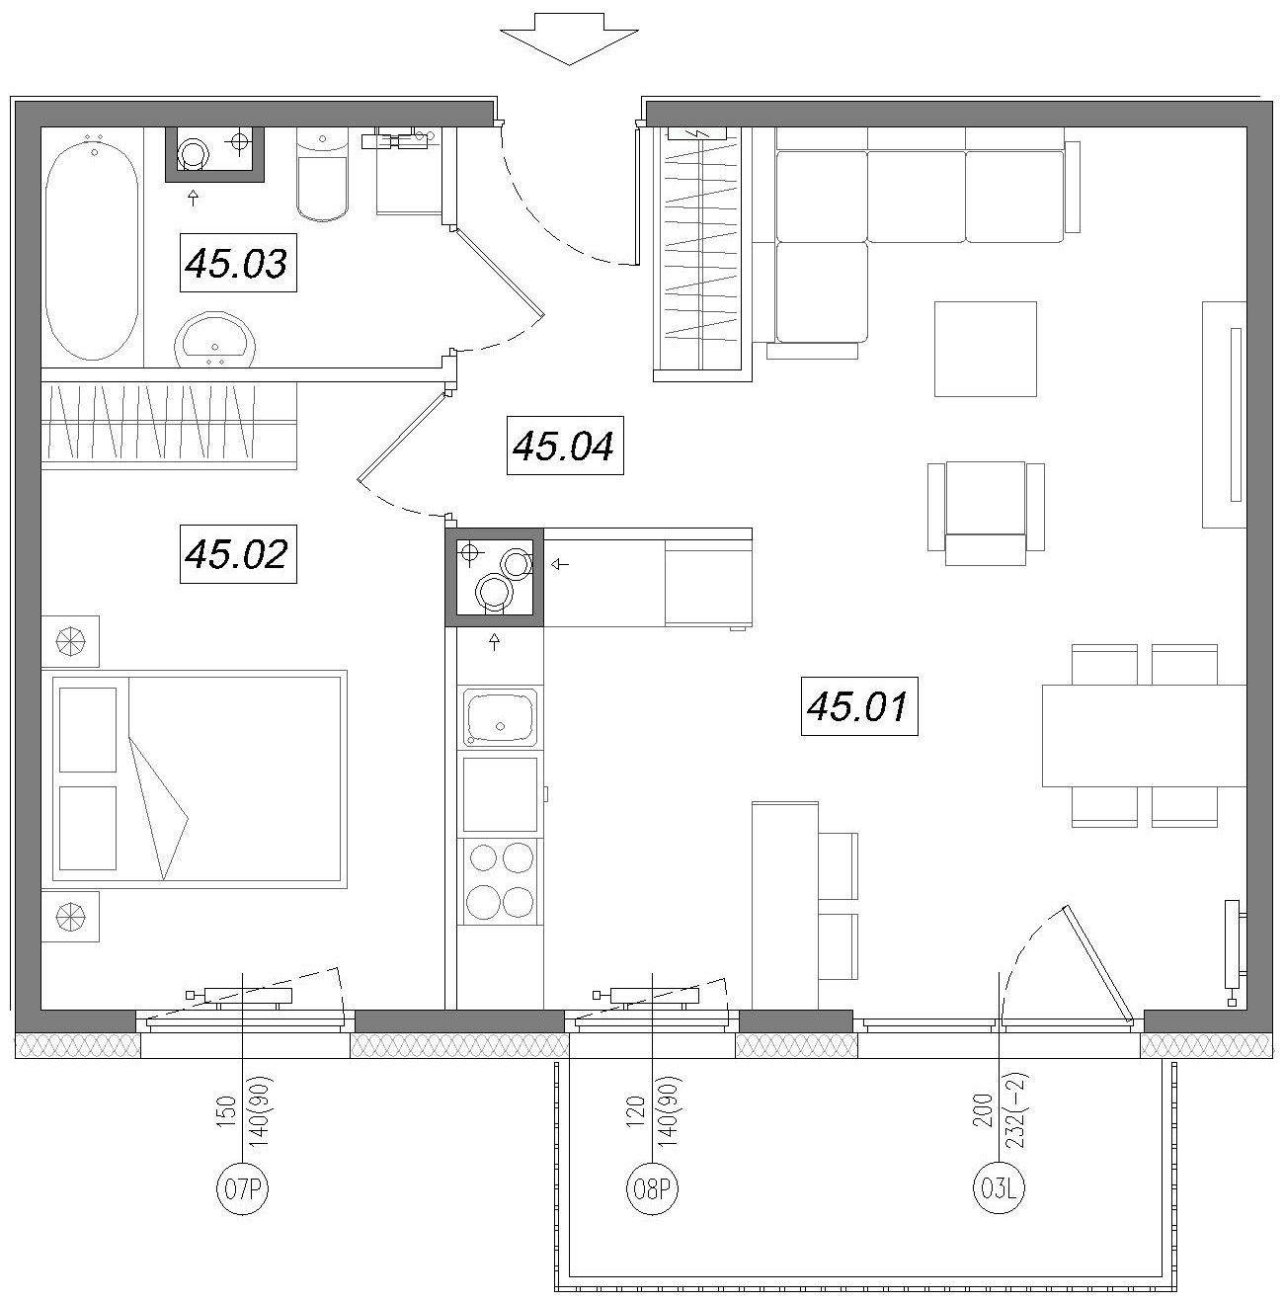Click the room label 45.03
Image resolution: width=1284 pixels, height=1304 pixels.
pos(238,263)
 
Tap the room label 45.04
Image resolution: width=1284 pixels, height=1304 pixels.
pos(565,446)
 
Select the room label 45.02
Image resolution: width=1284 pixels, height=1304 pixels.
pos(238,553)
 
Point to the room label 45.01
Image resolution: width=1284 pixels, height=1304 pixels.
pos(859,705)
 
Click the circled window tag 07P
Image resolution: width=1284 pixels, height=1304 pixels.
pos(242,1188)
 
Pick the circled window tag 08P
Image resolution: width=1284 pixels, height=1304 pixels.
pos(652,1188)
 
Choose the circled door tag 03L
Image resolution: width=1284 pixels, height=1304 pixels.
pos(999,1188)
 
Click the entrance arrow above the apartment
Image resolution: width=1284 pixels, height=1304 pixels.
pos(569,40)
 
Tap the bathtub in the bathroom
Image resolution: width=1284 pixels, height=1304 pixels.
pos(92,246)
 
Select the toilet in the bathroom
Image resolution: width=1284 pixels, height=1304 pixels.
pos(322,175)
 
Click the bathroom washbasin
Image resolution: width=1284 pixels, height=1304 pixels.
pos(215,339)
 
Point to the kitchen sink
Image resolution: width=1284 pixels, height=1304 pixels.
pos(500,717)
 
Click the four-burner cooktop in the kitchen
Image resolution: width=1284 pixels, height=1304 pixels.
pos(500,882)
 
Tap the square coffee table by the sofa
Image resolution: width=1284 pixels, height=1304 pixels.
pos(986,349)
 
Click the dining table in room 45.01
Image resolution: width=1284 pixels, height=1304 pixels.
pos(1144,736)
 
